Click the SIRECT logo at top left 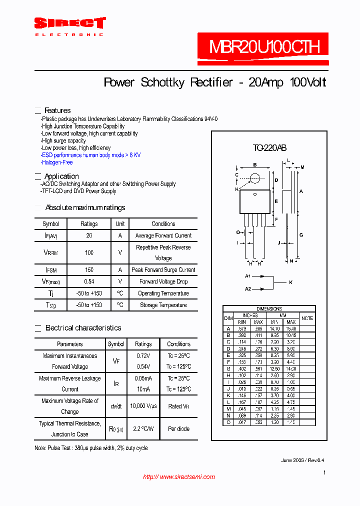69,23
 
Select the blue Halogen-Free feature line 57,162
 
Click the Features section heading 57,110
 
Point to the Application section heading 61,176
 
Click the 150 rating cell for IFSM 89,270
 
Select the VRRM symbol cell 50,253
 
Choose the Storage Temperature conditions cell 163,305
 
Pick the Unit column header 120,224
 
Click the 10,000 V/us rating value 143,406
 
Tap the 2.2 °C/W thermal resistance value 143,428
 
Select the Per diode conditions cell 178,428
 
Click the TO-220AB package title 269,148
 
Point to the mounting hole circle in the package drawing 255,178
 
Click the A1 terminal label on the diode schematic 248,276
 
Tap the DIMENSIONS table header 269,309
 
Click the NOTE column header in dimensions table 307,318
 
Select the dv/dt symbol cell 116,406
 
